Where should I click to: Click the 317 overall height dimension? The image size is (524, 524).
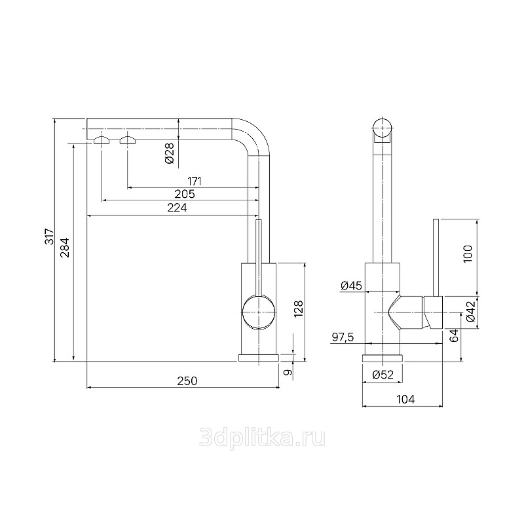(50, 236)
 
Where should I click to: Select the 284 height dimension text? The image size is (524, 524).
(64, 248)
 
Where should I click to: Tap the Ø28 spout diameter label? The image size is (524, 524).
(170, 153)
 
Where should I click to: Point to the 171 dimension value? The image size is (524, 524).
(195, 181)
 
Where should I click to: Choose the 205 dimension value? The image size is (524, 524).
(185, 194)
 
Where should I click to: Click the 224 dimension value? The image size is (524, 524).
(177, 208)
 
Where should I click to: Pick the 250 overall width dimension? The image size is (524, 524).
(187, 381)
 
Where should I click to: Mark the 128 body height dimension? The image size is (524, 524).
(298, 309)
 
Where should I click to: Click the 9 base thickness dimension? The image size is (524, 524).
(288, 372)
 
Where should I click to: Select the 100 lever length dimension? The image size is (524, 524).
(468, 253)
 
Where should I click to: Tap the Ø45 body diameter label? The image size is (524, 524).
(351, 286)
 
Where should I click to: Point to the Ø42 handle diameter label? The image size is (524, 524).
(470, 312)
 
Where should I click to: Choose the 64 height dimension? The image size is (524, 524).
(454, 335)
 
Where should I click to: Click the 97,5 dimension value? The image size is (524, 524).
(343, 337)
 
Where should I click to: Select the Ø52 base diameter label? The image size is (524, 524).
(383, 375)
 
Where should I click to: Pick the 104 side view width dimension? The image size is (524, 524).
(405, 399)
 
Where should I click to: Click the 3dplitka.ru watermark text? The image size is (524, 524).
(262, 438)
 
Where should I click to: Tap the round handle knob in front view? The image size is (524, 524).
(259, 312)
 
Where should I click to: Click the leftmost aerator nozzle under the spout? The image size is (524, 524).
(102, 140)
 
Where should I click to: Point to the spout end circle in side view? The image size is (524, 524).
(382, 128)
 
